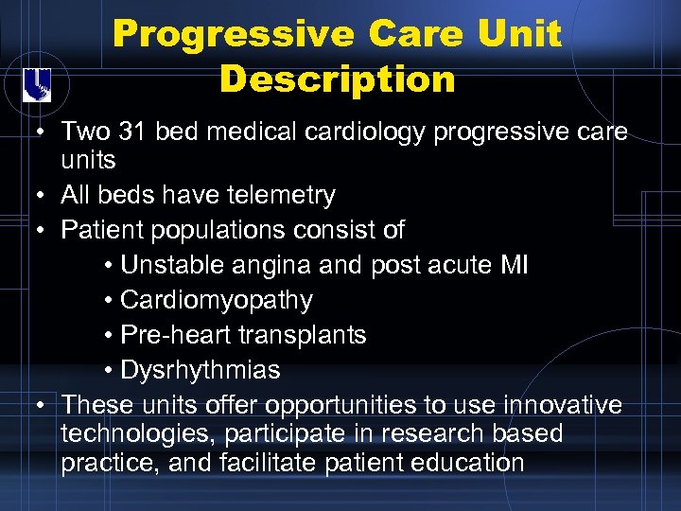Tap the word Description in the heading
(337, 79)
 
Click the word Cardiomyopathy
(217, 301)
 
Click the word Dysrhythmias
(201, 370)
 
